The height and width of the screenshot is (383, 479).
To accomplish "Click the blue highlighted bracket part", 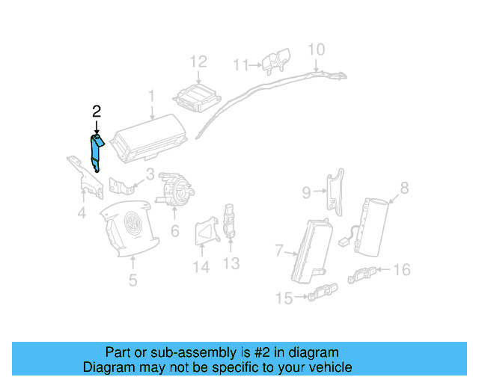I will [x=97, y=153].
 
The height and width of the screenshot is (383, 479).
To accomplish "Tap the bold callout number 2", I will [x=96, y=112].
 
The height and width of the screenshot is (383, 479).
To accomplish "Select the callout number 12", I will [x=198, y=61].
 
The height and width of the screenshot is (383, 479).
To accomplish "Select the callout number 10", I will [x=317, y=49].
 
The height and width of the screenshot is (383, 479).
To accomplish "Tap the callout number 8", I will [x=404, y=188].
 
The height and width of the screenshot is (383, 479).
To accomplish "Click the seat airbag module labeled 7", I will [x=311, y=246].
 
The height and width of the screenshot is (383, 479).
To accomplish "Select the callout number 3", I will [x=150, y=175].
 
